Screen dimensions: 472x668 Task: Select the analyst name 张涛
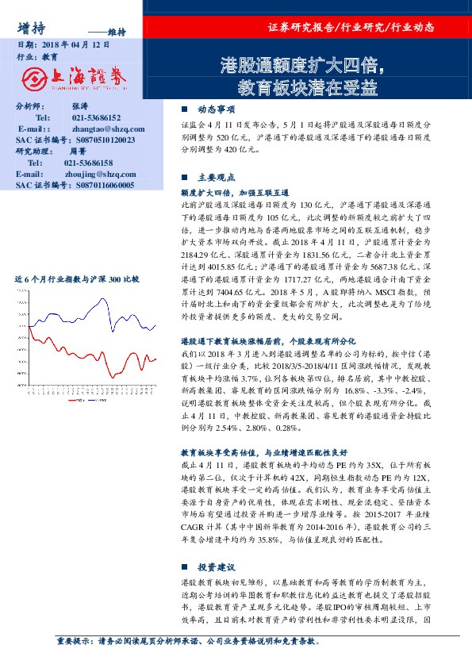[79, 106]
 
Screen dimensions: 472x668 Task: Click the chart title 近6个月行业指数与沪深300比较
[76, 281]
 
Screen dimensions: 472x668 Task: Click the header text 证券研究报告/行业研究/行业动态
[351, 27]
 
